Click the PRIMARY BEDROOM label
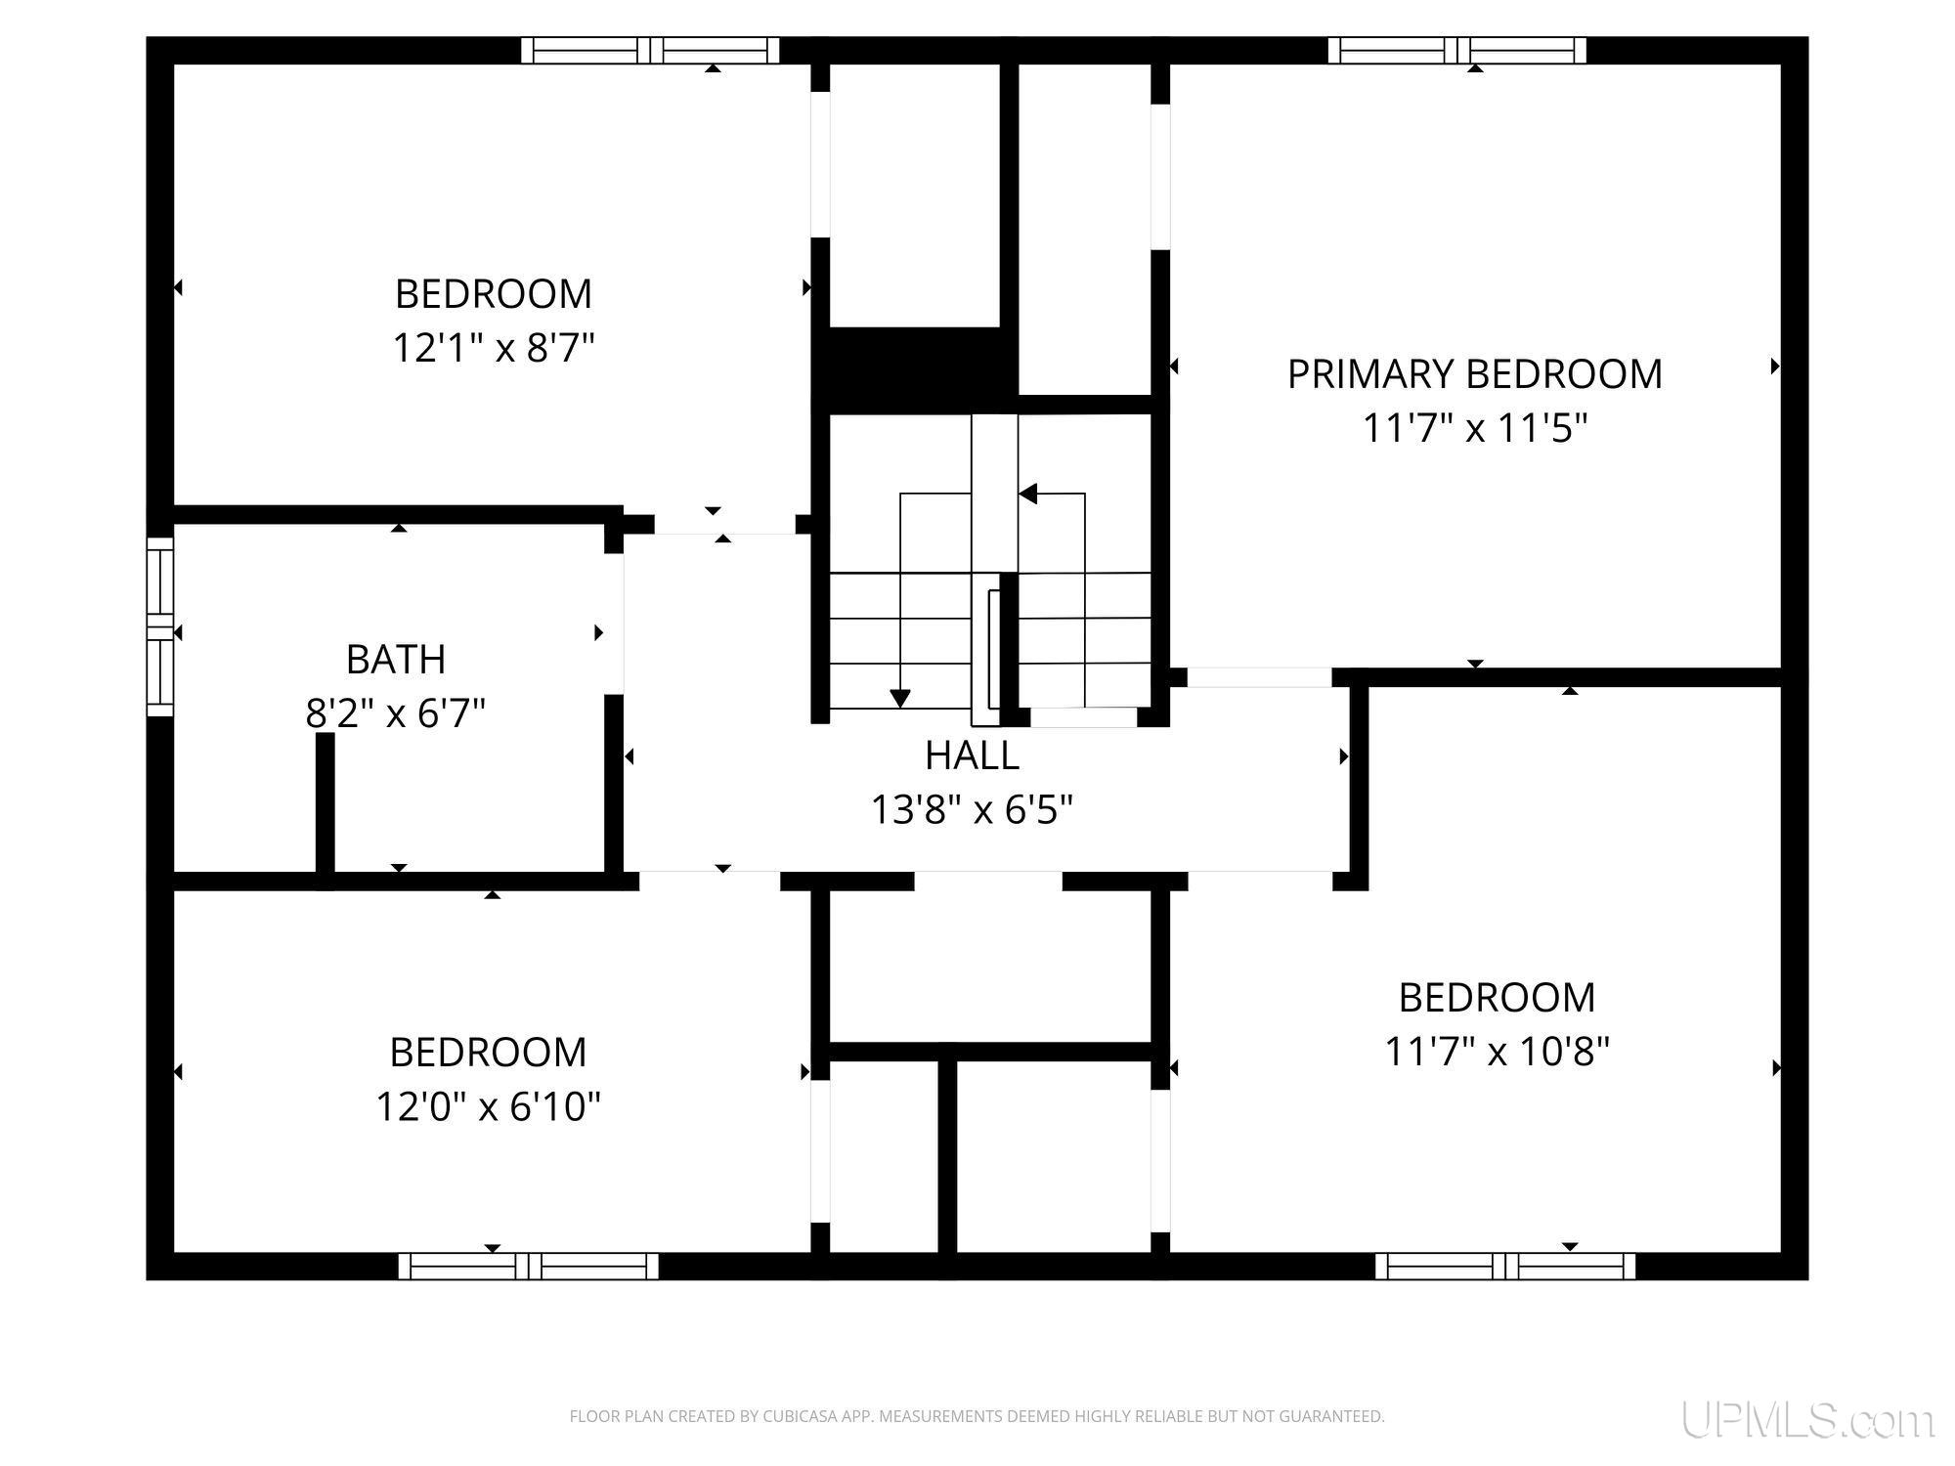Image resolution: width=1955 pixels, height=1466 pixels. (x=1474, y=374)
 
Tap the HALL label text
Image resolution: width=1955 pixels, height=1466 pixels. (x=972, y=755)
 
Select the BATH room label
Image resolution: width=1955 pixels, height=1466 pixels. (x=396, y=660)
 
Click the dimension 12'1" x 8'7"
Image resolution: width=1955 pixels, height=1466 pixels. (x=494, y=348)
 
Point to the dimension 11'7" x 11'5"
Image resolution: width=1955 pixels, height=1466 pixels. (x=1474, y=428)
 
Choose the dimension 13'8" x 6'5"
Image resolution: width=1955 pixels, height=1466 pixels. (x=972, y=809)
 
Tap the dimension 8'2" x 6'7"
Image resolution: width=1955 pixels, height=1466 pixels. (x=396, y=713)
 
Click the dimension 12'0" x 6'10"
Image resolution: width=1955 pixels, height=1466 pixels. (x=488, y=1106)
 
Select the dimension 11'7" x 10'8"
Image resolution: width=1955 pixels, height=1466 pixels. (x=1497, y=1052)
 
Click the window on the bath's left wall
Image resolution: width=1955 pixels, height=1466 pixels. (x=159, y=626)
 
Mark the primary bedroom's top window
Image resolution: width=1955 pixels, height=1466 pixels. (x=1456, y=50)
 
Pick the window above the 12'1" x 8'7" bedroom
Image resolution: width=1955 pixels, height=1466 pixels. (x=650, y=50)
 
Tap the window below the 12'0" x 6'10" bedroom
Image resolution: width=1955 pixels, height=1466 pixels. (x=528, y=1267)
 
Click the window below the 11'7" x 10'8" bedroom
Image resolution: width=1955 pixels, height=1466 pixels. (x=1505, y=1267)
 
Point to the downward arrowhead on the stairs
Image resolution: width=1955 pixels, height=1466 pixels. (x=900, y=699)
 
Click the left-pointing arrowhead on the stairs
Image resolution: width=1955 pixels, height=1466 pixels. (x=1027, y=494)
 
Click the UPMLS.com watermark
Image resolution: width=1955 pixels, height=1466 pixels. (x=1807, y=1420)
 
